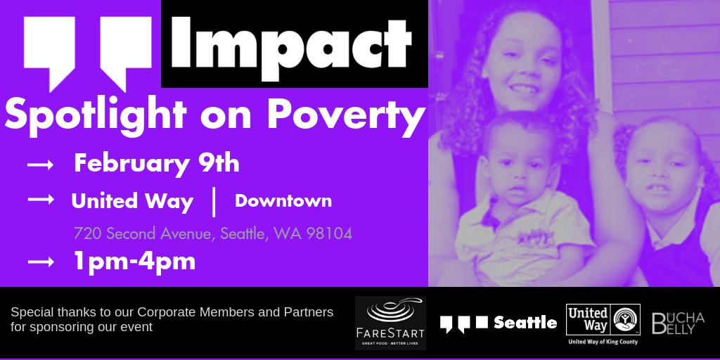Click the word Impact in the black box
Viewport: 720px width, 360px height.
292,47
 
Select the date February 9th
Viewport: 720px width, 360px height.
157,165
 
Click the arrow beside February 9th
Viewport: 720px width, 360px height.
40,165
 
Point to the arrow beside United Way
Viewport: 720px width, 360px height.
40,200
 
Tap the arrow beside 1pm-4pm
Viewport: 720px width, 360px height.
40,262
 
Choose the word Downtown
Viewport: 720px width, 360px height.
283,200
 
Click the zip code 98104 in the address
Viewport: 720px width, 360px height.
329,233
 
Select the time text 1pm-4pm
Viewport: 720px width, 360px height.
134,262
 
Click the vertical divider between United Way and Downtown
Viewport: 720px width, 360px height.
214,200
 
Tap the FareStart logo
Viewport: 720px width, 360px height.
390,323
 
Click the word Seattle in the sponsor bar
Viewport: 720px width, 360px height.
525,322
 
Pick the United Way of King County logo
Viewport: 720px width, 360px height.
603,323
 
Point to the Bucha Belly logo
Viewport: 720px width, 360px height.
678,323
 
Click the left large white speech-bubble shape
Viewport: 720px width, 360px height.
50,51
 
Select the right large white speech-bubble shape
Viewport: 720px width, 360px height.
126,51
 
